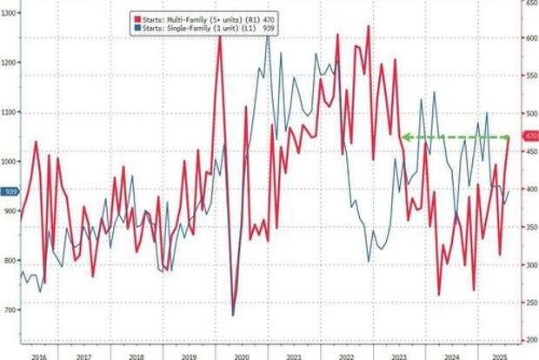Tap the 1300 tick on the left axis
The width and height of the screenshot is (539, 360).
point(10,13)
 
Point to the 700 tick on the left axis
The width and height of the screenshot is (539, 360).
point(10,310)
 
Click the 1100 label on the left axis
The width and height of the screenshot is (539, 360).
point(10,112)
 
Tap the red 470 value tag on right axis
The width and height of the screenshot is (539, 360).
point(529,137)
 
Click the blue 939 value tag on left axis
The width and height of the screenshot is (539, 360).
point(10,191)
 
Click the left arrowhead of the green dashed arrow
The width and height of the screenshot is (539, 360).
point(403,137)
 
